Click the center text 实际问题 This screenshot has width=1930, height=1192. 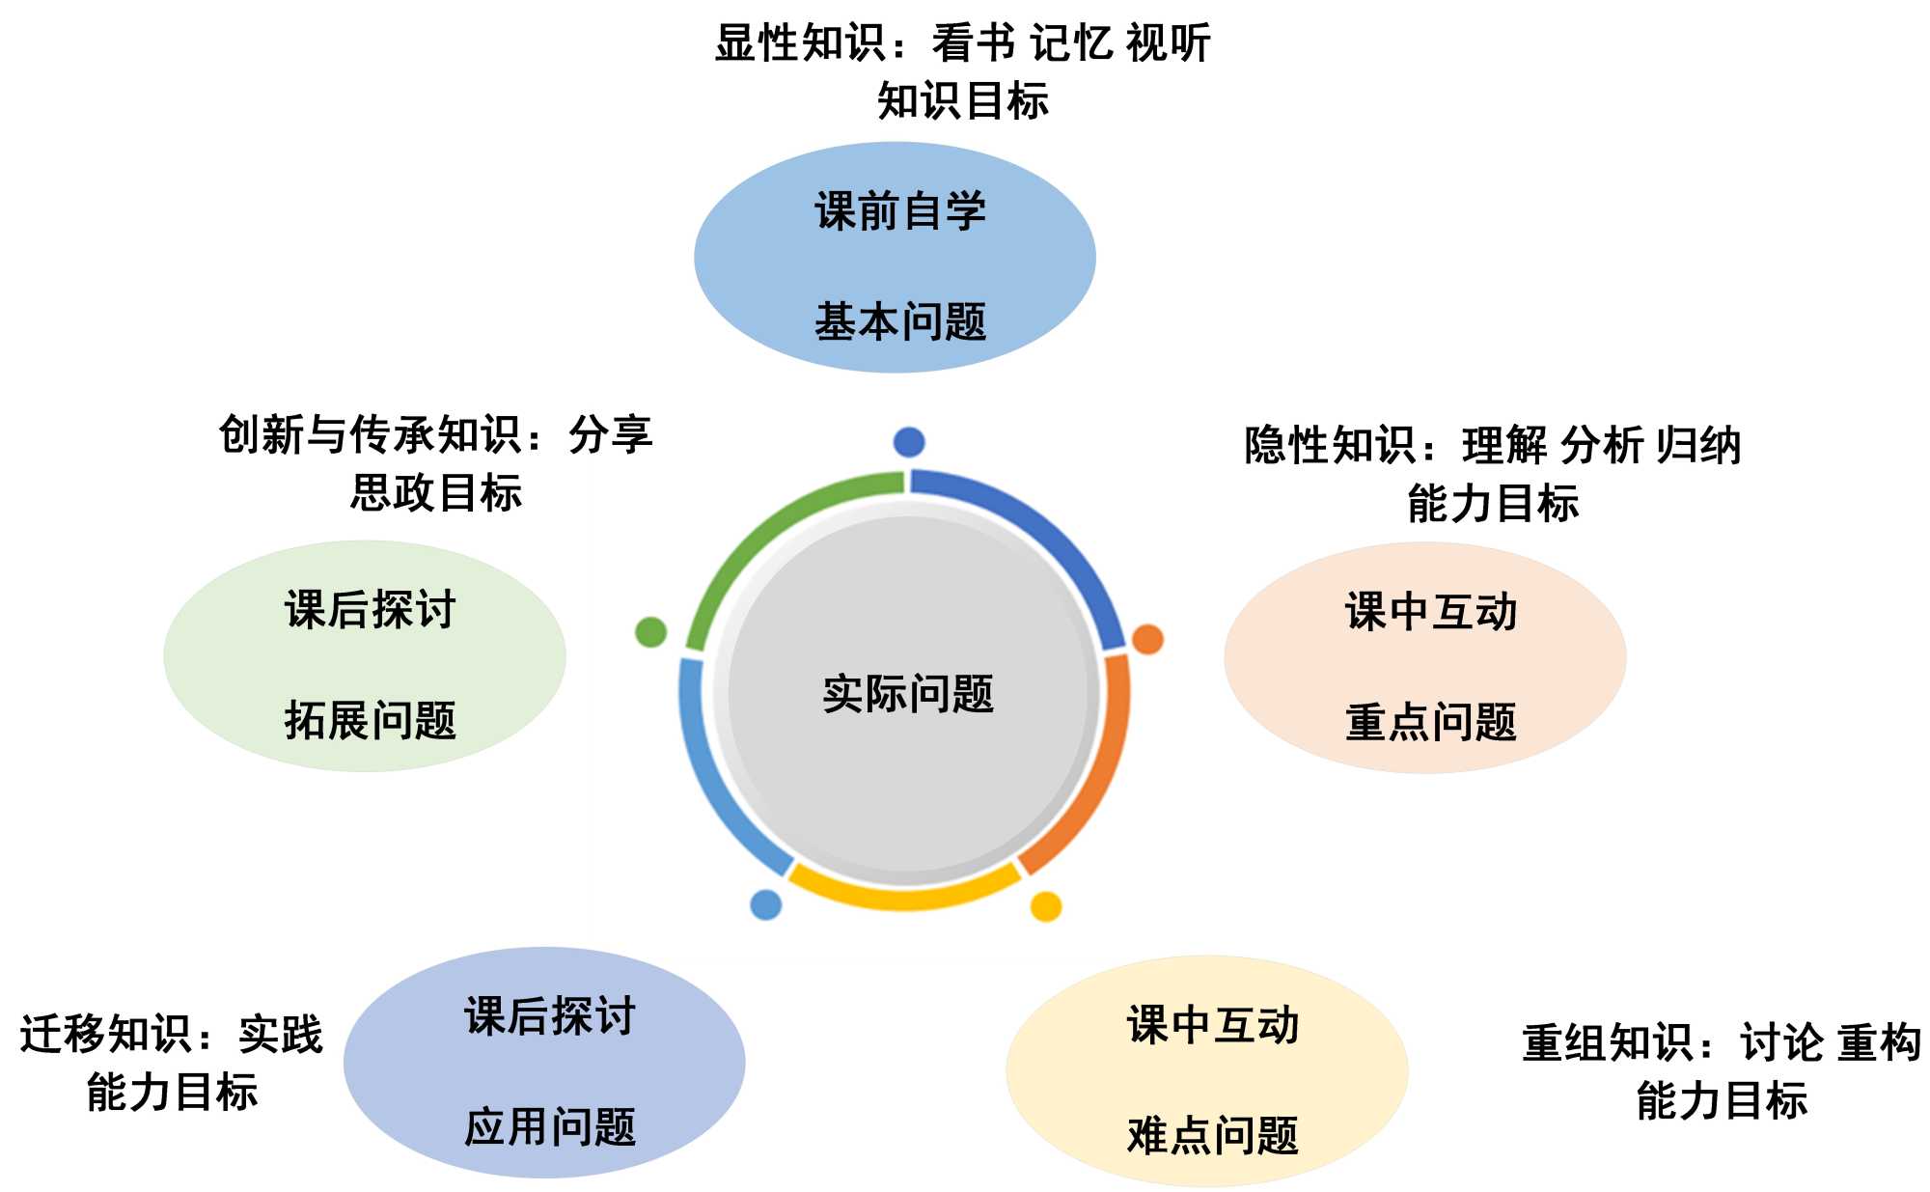[x=908, y=694]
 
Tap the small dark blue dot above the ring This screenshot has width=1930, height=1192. [x=909, y=442]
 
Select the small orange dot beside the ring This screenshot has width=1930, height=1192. [x=1147, y=639]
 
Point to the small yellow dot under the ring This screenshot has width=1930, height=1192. [x=1046, y=906]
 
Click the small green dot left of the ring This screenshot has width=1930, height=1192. [x=651, y=632]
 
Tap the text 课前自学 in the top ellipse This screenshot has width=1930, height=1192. [x=900, y=211]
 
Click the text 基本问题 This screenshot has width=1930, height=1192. [x=900, y=321]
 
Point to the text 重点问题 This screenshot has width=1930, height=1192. [x=1431, y=722]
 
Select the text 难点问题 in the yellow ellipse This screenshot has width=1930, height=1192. [x=1213, y=1135]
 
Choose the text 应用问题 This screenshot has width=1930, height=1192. [x=550, y=1126]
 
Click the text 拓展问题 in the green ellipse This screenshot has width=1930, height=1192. [x=371, y=720]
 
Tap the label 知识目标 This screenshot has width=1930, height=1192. [x=962, y=100]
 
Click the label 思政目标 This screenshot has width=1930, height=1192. [x=436, y=492]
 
